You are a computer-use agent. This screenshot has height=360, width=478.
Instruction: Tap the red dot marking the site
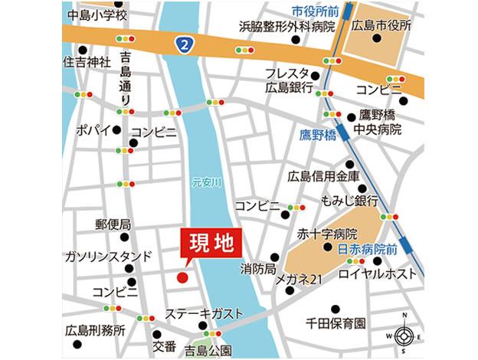(182, 277)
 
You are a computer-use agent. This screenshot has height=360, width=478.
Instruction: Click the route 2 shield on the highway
(185, 44)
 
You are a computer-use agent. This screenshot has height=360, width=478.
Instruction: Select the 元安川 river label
(205, 182)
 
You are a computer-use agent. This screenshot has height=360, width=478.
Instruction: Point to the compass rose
(404, 335)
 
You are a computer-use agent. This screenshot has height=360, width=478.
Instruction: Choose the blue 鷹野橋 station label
(317, 135)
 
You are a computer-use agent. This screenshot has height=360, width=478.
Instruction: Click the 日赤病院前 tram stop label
(365, 249)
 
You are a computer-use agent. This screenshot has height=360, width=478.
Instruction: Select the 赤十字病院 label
(329, 234)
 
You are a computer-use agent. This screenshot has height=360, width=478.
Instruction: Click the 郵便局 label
(113, 224)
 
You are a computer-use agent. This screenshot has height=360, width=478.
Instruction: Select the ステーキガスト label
(204, 313)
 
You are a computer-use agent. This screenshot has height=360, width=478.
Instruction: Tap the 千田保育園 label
(336, 322)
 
